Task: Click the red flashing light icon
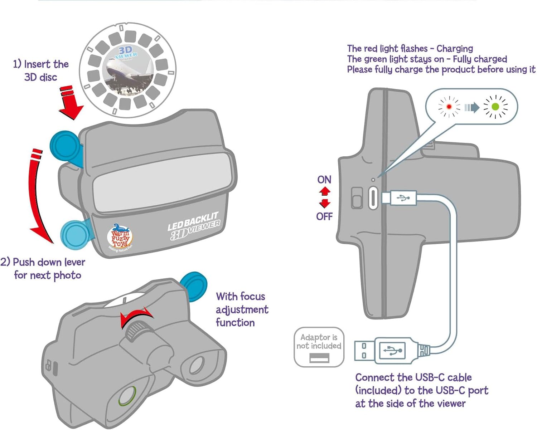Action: coord(449,107)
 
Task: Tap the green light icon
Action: coord(495,107)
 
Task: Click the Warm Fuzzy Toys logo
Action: coord(120,236)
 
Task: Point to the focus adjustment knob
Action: coord(135,329)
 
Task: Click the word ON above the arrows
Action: coord(324,180)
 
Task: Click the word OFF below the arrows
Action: coord(324,216)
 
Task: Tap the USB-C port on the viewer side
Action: coord(373,197)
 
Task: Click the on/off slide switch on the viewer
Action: coord(357,198)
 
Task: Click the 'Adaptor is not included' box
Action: coord(319,347)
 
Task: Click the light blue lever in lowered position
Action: coord(75,234)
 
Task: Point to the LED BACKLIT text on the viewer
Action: coord(193,222)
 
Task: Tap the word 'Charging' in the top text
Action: coord(455,48)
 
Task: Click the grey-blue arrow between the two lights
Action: coord(472,107)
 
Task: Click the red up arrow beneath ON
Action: coord(324,191)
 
